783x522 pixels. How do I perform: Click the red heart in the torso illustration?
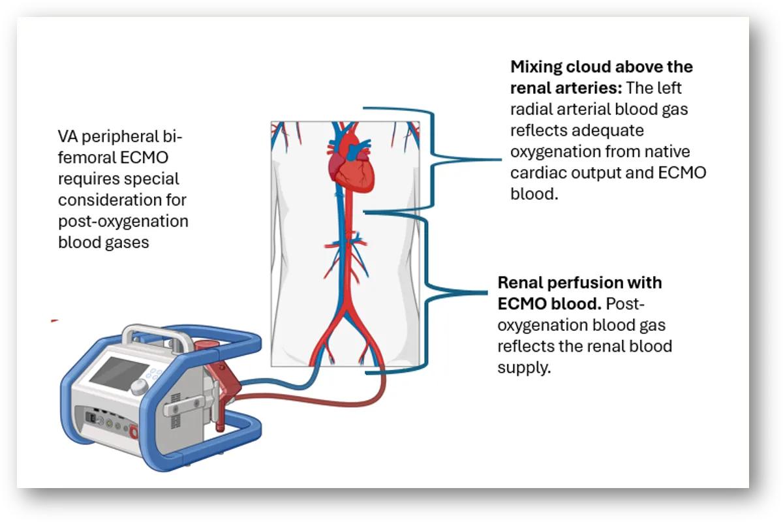pyautogui.click(x=350, y=164)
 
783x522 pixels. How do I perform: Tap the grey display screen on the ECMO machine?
pyautogui.click(x=119, y=373)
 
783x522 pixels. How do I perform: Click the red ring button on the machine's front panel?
pyautogui.click(x=134, y=432)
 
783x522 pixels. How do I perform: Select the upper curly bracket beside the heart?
pyautogui.click(x=433, y=159)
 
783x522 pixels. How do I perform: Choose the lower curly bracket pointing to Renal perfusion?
pyautogui.click(x=427, y=292)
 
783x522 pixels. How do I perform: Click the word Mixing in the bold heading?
pyautogui.click(x=536, y=67)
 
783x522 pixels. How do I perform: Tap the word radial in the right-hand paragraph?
pyautogui.click(x=531, y=109)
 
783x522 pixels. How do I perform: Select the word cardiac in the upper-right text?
pyautogui.click(x=538, y=173)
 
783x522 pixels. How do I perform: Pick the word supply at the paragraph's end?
pyautogui.click(x=524, y=368)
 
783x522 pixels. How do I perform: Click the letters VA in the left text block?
pyautogui.click(x=67, y=136)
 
